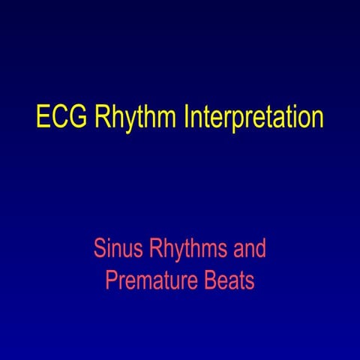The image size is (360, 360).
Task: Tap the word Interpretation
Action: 249,118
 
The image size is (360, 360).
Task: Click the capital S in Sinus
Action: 99,247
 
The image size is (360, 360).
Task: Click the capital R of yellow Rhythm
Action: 103,118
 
